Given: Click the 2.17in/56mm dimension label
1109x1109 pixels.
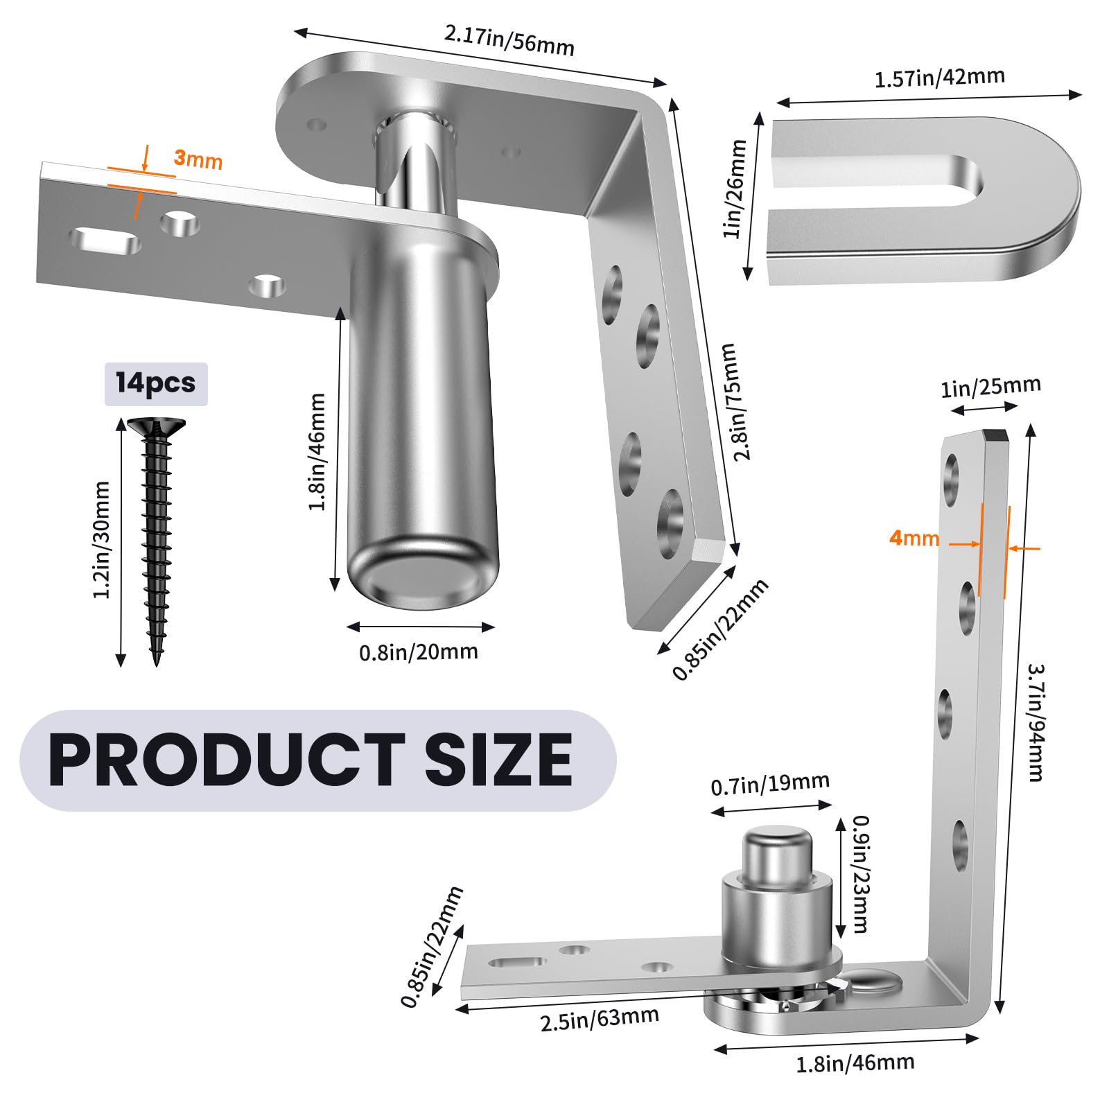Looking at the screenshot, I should tap(509, 40).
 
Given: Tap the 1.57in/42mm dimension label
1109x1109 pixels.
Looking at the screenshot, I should tap(939, 78).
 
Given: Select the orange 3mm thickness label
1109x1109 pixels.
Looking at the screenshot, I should tap(198, 159).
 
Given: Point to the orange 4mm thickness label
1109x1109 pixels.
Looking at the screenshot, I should tap(914, 538).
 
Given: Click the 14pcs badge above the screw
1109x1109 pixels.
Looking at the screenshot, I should tap(156, 383).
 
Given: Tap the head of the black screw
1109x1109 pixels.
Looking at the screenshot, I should tap(156, 426).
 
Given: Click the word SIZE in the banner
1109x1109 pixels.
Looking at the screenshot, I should tap(498, 760).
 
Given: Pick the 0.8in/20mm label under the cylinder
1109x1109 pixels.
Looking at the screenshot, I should tap(419, 652).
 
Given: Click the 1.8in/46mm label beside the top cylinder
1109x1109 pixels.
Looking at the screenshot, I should tap(317, 451).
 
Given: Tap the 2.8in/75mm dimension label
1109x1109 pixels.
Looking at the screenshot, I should tap(736, 401).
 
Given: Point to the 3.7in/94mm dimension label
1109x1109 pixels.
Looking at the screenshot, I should tap(1035, 722).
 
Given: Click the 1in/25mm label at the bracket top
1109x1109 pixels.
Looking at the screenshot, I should tap(990, 387).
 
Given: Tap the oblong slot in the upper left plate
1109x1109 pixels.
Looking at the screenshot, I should tap(105, 241).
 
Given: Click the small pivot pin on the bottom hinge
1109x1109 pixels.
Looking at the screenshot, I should tap(776, 858).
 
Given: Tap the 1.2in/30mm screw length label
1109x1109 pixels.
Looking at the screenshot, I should tap(102, 539).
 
